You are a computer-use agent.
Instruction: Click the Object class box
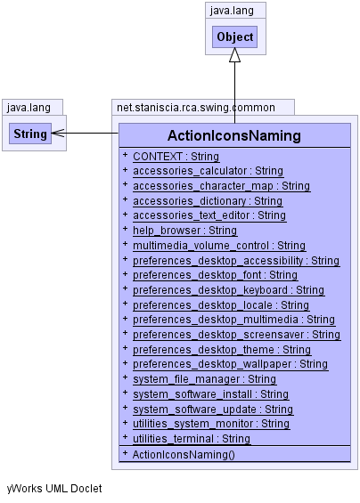(x=234, y=37)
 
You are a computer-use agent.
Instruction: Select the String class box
(x=30, y=134)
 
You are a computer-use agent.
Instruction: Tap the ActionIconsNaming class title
(x=234, y=135)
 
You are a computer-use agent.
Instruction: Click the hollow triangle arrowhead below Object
(x=234, y=55)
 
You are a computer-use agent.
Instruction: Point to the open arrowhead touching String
(x=58, y=134)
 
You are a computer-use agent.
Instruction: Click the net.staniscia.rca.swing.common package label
(x=195, y=108)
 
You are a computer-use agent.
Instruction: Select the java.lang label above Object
(x=232, y=11)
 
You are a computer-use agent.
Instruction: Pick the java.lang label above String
(x=29, y=108)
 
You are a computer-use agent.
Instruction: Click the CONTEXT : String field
(x=176, y=157)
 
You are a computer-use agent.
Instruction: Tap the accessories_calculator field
(x=209, y=171)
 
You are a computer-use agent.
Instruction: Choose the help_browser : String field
(x=185, y=231)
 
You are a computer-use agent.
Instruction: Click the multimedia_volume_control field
(x=219, y=246)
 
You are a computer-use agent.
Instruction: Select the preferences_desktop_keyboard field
(x=229, y=290)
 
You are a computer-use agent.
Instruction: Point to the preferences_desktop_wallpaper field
(x=230, y=364)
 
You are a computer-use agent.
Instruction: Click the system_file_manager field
(x=205, y=379)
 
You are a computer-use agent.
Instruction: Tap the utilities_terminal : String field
(x=192, y=439)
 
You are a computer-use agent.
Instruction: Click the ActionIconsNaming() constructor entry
(x=184, y=455)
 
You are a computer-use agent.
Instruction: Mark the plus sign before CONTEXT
(x=126, y=155)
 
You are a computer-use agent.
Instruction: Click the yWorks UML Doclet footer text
(x=54, y=489)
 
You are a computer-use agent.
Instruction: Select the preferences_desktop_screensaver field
(x=237, y=335)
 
